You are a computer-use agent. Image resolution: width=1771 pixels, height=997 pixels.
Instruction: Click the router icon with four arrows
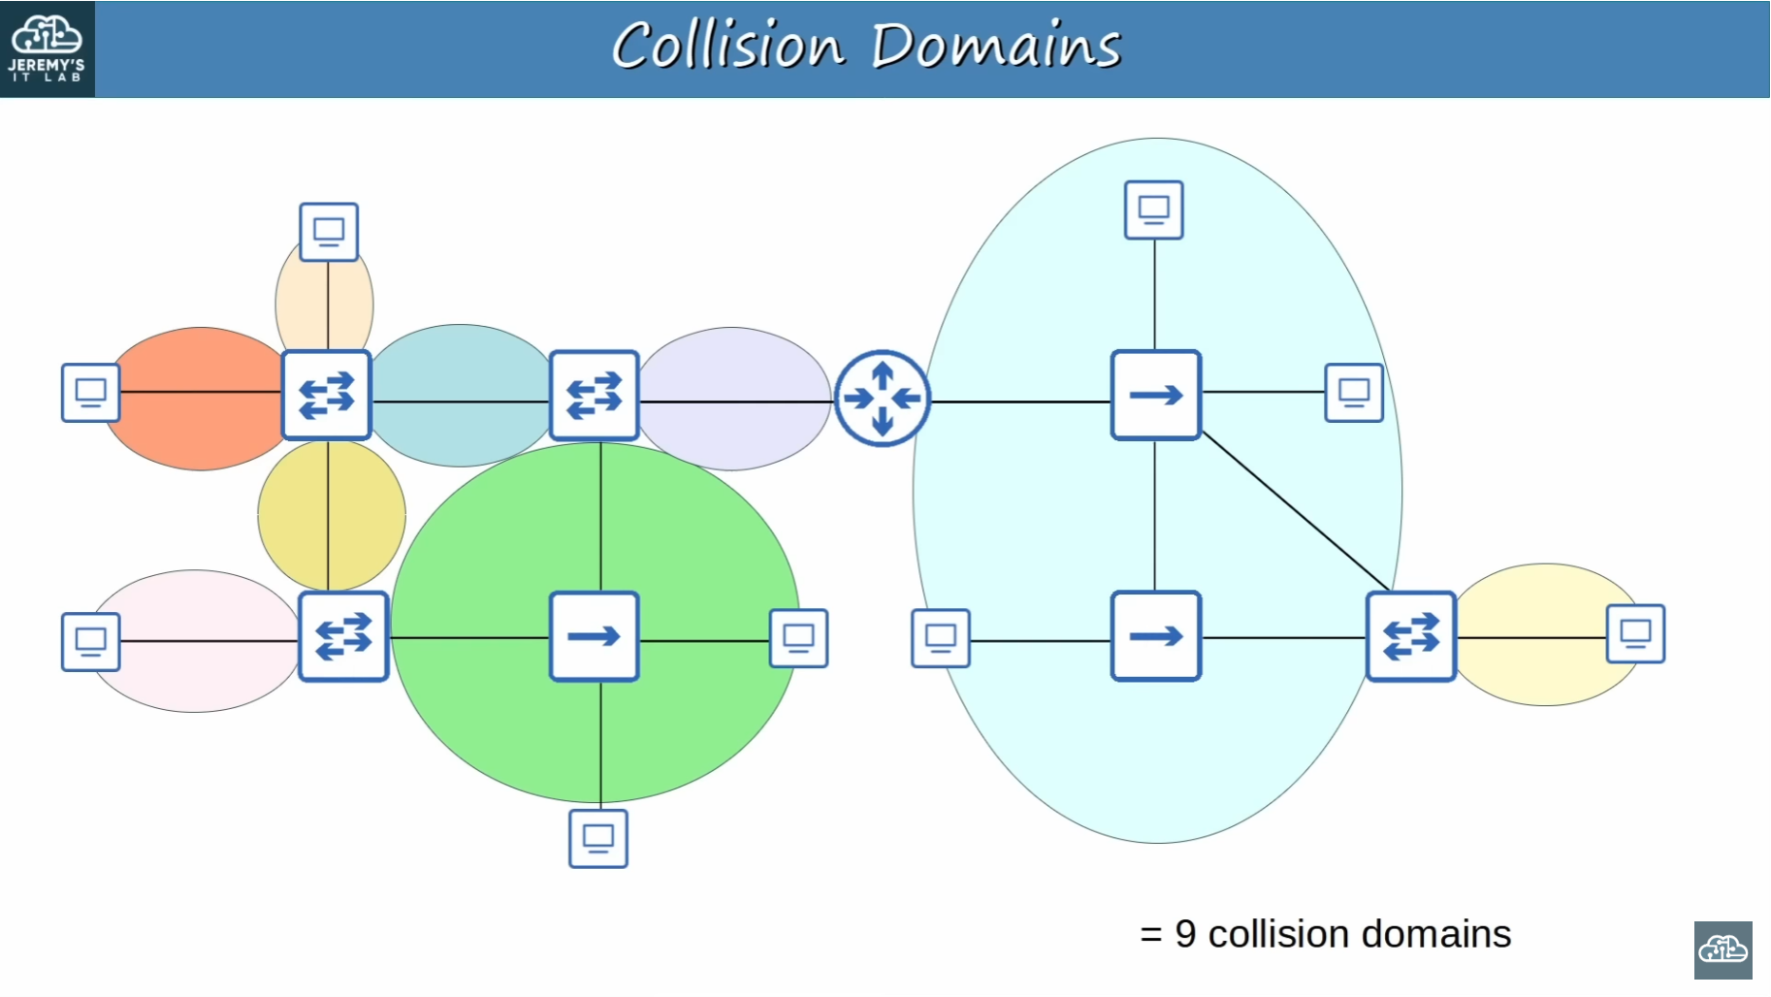point(883,398)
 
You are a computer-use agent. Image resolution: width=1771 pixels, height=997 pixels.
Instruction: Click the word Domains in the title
point(996,46)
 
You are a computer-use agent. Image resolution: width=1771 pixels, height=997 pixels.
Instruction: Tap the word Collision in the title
point(728,46)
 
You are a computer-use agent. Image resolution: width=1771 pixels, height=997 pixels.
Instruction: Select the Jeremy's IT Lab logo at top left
point(47,48)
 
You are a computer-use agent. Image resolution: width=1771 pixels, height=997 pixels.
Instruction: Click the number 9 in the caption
point(1185,934)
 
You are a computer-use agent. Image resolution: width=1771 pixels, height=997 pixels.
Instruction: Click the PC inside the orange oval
point(90,393)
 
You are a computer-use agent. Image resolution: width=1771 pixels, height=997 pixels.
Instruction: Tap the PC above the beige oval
point(329,232)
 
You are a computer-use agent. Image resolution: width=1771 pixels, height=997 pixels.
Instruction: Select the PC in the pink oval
point(90,642)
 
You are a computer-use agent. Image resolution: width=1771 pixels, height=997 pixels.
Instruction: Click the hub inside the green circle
point(595,636)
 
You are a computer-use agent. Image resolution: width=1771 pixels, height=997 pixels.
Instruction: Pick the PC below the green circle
point(598,838)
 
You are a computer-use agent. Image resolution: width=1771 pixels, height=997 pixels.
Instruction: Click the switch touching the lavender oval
point(595,396)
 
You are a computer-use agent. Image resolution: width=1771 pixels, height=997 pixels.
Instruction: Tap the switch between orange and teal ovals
point(327,396)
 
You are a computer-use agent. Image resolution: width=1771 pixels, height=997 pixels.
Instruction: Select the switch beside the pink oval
point(343,636)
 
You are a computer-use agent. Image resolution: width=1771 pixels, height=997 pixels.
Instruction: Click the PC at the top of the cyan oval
point(1154,209)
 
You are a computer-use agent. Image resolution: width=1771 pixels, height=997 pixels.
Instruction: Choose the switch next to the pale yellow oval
point(1411,636)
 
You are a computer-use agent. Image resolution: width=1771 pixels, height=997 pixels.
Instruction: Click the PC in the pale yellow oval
point(1636,634)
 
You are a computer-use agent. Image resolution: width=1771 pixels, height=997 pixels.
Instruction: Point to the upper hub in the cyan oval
point(1156,396)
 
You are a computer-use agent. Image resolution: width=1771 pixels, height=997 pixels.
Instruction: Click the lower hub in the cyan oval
point(1156,636)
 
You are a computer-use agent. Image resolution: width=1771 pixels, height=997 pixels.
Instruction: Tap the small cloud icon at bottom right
point(1723,950)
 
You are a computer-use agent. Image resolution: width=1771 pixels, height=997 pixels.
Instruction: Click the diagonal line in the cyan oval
point(1297,512)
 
